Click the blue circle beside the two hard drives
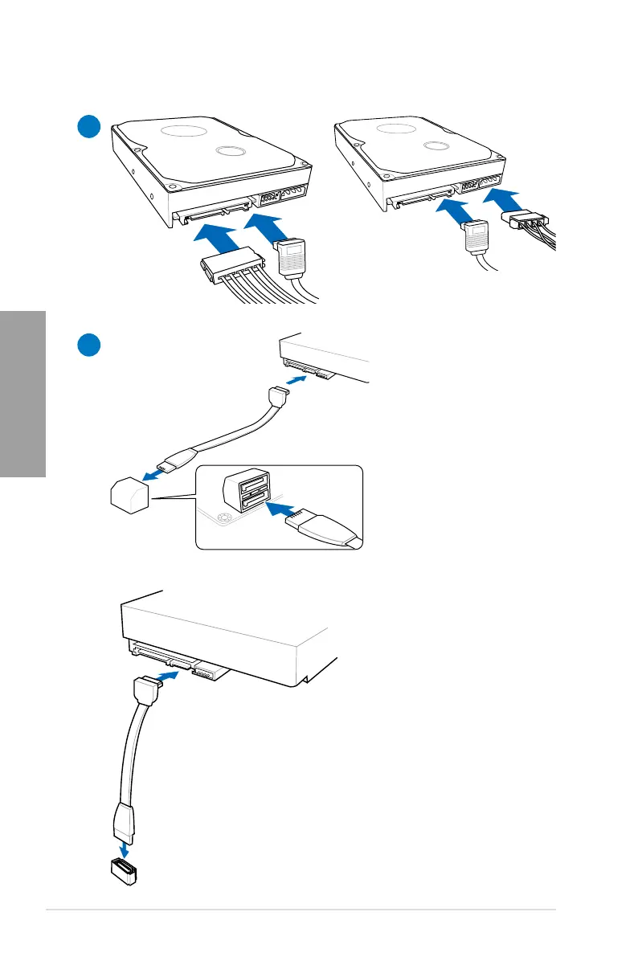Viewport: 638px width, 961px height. [x=88, y=128]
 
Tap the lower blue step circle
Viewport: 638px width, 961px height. [x=88, y=345]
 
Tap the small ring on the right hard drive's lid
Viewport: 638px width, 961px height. [x=434, y=146]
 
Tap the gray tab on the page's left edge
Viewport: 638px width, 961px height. [x=22, y=394]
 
